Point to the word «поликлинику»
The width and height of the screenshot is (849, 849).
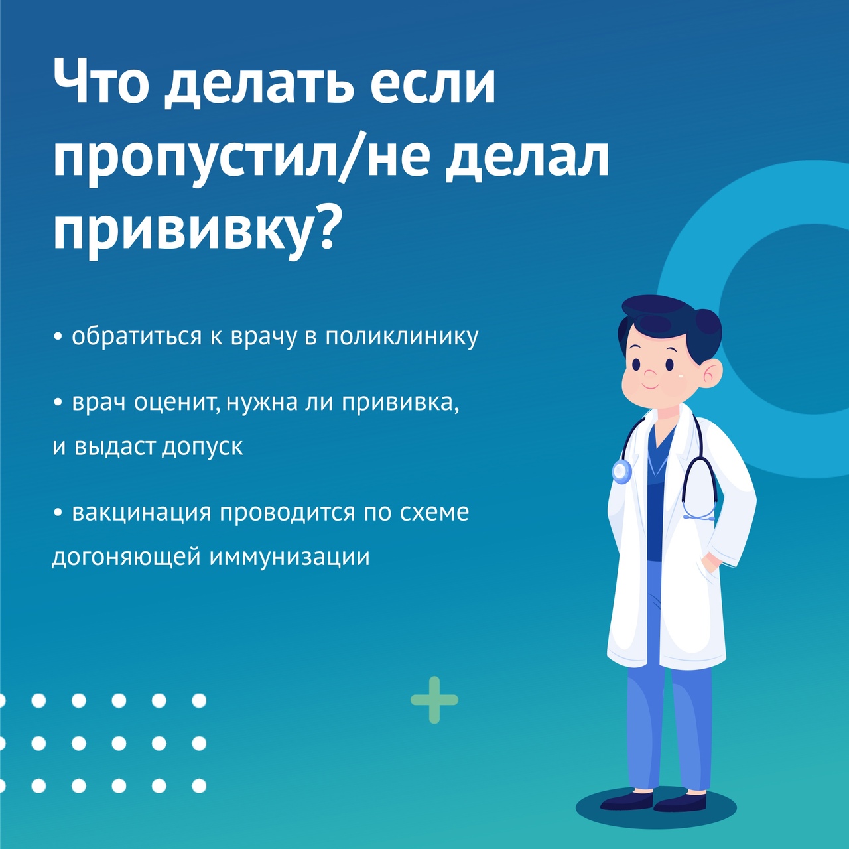coord(402,336)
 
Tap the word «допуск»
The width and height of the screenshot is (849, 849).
coord(203,448)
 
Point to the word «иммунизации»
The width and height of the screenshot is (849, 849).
coord(289,557)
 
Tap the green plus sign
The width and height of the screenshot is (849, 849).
coord(434,700)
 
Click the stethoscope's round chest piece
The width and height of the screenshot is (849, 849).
coord(622,472)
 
